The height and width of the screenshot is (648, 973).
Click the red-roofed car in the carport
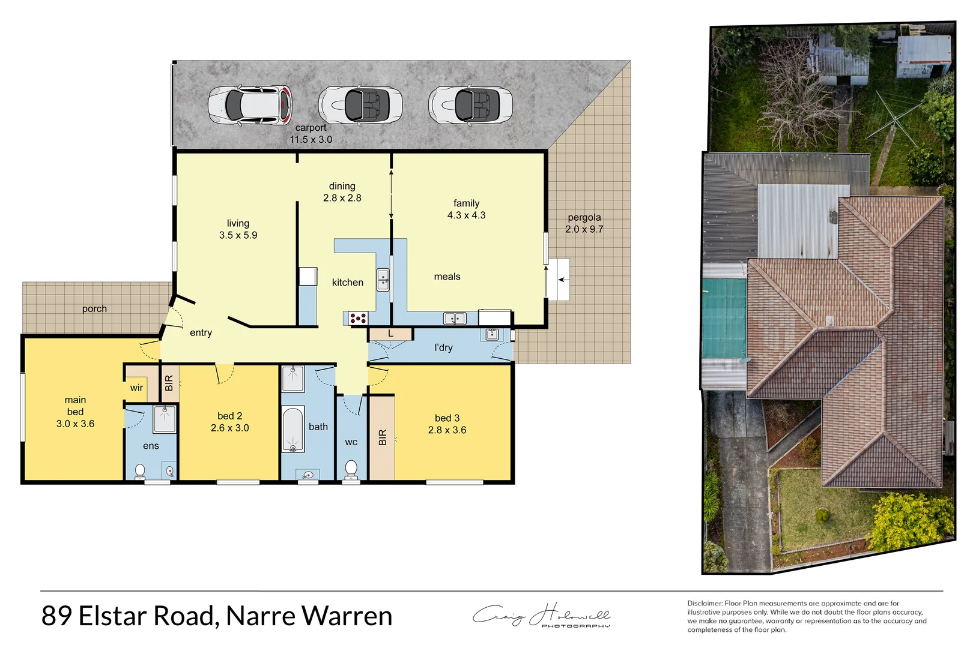(250, 105)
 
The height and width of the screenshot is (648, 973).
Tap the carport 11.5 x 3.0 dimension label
(311, 134)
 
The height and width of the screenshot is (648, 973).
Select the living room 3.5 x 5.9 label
(238, 229)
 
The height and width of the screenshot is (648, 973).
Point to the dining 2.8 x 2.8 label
(342, 192)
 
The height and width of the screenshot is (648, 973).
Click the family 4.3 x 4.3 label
(466, 209)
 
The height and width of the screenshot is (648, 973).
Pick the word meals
(447, 277)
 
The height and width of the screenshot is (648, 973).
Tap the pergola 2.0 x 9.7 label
(584, 223)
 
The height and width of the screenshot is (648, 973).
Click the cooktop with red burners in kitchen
(358, 318)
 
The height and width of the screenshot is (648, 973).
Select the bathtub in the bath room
(293, 429)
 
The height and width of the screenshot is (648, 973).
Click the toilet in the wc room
(351, 468)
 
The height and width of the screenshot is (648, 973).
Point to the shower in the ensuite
(164, 418)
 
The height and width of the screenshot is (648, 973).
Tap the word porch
(94, 309)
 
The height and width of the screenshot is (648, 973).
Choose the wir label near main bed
(136, 388)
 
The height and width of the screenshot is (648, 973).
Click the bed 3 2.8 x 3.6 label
(447, 424)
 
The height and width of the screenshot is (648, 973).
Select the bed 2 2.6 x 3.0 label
(229, 422)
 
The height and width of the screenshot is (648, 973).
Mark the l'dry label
(443, 347)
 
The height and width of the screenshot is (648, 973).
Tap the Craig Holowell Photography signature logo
(542, 616)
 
